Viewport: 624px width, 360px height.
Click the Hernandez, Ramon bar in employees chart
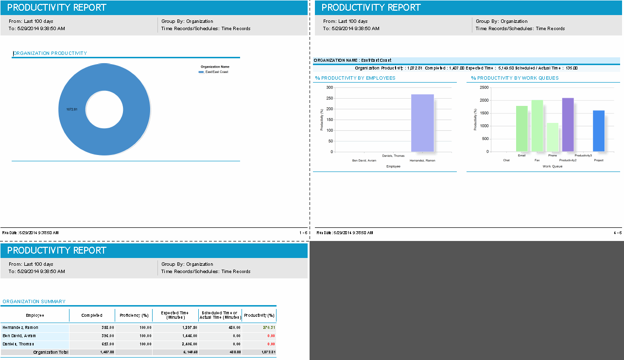pos(422,123)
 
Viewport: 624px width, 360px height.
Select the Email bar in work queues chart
pos(521,129)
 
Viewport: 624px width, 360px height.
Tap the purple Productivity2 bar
pos(568,125)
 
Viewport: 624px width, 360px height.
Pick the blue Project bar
pos(599,131)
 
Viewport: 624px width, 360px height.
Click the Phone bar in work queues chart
pos(553,137)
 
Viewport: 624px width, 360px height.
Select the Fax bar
pos(537,126)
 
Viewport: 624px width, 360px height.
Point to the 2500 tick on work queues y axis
pos(485,87)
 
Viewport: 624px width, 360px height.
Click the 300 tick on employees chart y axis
pos(329,87)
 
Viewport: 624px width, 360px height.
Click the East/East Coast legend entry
pos(216,72)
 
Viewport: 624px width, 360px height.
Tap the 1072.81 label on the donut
pos(72,109)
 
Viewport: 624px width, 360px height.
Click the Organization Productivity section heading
pos(50,53)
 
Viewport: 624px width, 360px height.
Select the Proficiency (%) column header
pos(134,315)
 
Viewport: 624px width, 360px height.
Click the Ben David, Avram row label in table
pos(19,336)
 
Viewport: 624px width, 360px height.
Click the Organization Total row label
pos(51,352)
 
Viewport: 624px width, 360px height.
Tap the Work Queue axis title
pos(553,166)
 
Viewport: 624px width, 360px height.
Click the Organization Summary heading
pos(34,302)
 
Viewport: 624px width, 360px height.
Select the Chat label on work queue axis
pos(506,160)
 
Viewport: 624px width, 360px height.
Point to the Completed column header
pos(92,315)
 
